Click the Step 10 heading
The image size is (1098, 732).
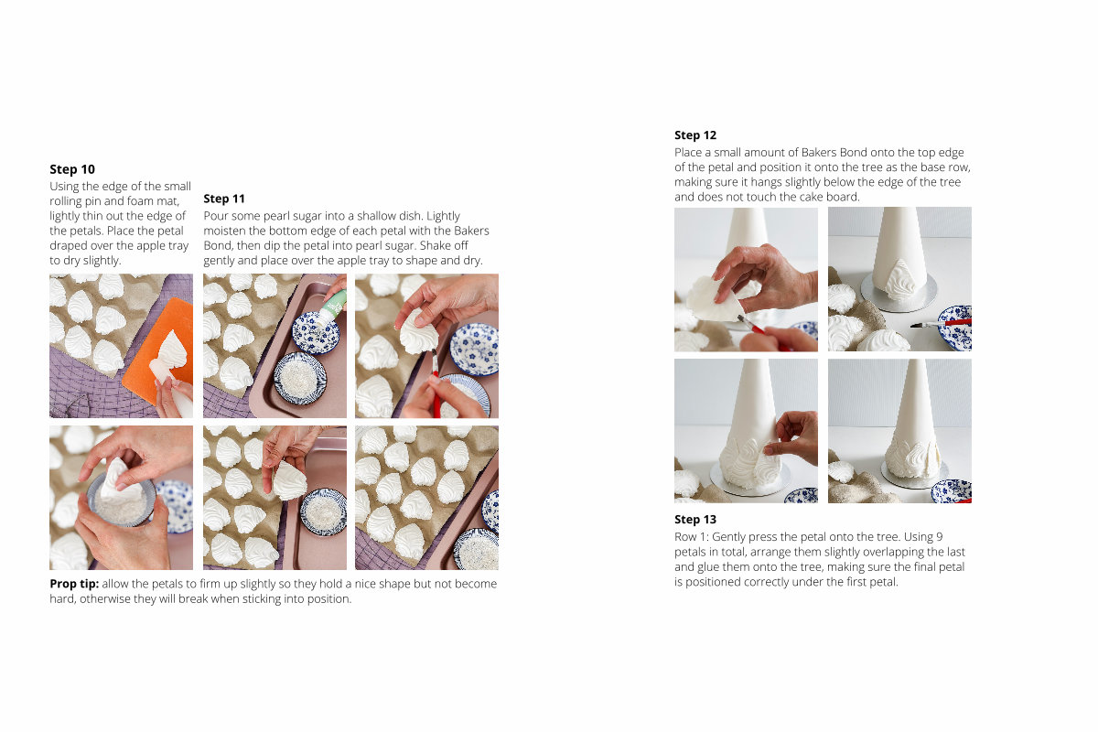tap(72, 169)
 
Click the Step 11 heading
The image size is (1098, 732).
tap(224, 199)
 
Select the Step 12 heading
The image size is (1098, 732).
tap(695, 135)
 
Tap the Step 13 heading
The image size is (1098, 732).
tap(695, 519)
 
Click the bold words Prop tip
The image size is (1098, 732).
tap(74, 584)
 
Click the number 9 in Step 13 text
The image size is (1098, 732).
tap(939, 537)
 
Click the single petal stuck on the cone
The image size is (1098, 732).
tap(900, 278)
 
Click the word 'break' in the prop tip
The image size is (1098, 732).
tap(194, 599)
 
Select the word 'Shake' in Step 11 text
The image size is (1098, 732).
tap(435, 245)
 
